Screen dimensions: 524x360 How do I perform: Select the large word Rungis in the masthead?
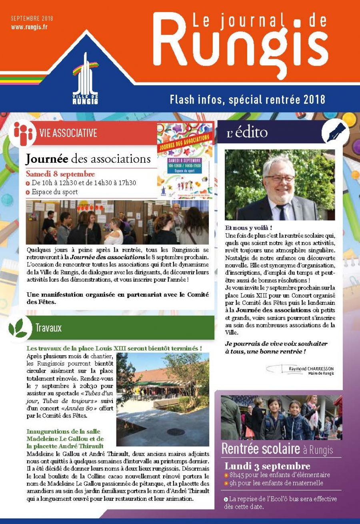(x=240, y=46)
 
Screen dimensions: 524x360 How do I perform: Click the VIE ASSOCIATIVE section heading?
(x=68, y=133)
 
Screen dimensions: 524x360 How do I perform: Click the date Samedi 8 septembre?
(x=60, y=174)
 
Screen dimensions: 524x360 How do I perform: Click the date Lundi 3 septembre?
(x=267, y=466)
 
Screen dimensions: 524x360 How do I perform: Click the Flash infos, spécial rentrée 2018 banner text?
(x=247, y=99)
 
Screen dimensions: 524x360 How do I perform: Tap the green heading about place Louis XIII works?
(x=114, y=348)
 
